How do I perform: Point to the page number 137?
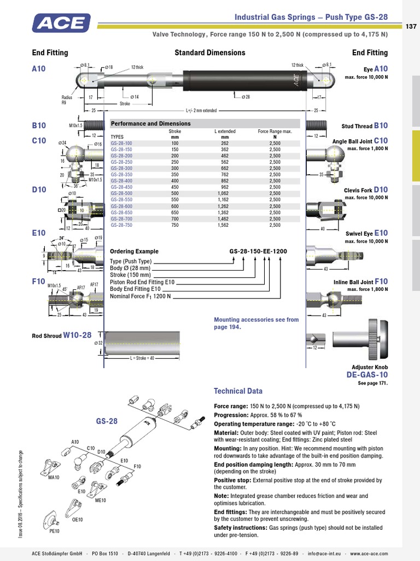(411, 27)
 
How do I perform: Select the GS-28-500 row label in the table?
(121, 193)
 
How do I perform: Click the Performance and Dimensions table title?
(150, 124)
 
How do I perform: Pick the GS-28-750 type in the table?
(121, 225)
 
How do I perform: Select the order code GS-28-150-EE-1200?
(258, 251)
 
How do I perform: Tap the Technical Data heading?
(238, 391)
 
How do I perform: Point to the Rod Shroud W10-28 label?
(61, 335)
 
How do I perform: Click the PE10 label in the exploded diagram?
(54, 531)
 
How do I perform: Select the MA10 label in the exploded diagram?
(54, 477)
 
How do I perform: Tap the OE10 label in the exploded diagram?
(77, 519)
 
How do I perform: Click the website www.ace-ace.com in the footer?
(369, 553)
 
